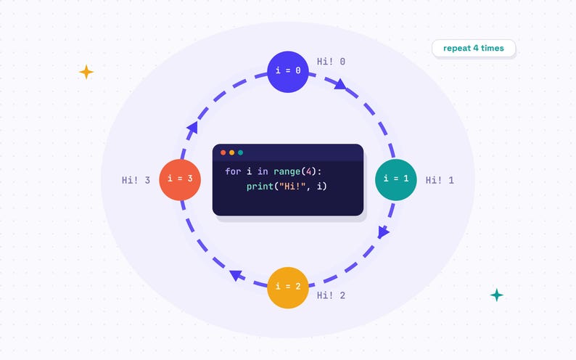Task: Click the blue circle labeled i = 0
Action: click(287, 72)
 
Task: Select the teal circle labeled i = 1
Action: click(396, 179)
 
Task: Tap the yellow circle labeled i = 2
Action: click(287, 287)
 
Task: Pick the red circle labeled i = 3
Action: click(180, 179)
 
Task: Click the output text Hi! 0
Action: click(331, 62)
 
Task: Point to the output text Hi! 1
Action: click(440, 180)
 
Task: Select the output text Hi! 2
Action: click(331, 295)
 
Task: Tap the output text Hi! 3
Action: click(136, 180)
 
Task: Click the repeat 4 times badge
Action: click(474, 48)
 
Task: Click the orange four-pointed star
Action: click(86, 72)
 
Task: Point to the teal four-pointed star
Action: click(497, 295)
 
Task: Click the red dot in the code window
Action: click(223, 152)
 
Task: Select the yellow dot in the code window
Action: click(232, 152)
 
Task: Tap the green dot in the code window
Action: click(241, 152)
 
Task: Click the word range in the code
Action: click(287, 172)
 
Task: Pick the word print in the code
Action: click(260, 187)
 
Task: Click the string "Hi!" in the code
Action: click(292, 187)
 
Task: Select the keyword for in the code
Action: click(233, 171)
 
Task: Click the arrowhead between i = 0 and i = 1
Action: click(340, 84)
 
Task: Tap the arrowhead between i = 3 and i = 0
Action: click(192, 128)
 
